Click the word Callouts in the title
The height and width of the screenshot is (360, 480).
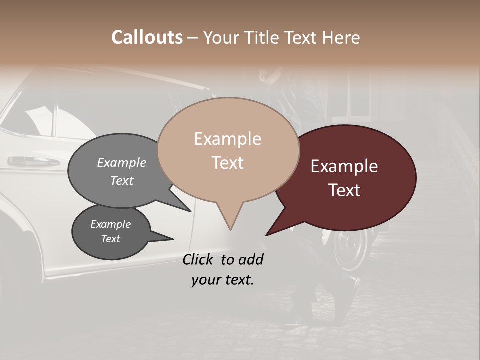tap(147, 37)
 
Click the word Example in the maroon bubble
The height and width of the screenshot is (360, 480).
tap(344, 166)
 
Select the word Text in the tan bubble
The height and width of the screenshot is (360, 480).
tap(228, 163)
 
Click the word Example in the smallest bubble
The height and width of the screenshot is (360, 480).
tap(110, 224)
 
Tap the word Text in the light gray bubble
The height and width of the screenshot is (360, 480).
tap(122, 180)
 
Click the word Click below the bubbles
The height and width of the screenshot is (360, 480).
tap(199, 259)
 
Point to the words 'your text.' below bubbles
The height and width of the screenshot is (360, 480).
tap(223, 280)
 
